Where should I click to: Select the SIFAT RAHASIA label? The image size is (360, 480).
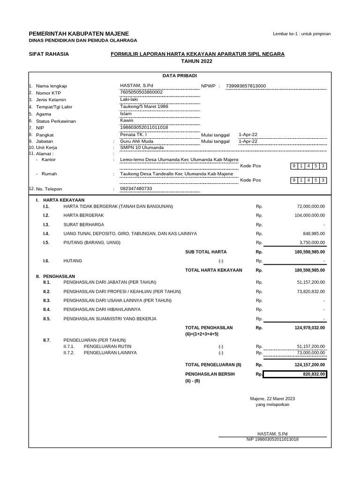49,54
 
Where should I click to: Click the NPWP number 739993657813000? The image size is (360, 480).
246,86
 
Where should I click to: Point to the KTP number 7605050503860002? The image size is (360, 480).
142,92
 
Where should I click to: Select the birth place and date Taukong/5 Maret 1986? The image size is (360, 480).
144,106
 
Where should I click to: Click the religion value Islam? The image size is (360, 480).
126,113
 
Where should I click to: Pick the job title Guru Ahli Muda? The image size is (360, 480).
137,141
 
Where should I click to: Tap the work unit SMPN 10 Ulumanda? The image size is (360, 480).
142,148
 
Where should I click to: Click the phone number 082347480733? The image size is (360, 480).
136,188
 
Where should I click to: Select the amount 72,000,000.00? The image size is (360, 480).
311,206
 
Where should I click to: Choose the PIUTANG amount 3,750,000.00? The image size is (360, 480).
312,242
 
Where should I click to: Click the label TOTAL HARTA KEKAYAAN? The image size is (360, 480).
214,270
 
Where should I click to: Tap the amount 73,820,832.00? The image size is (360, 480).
311,292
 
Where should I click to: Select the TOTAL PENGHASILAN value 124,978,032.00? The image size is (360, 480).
310,328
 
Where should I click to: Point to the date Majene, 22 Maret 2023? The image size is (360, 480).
272,399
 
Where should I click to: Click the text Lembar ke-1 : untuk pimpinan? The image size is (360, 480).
302,34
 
